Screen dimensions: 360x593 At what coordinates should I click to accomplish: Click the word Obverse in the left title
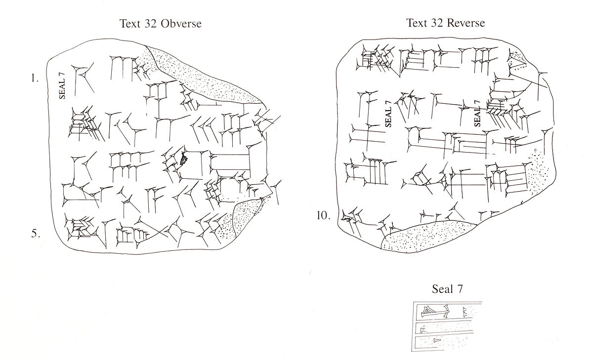[183, 24]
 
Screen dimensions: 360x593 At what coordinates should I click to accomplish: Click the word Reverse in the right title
[466, 23]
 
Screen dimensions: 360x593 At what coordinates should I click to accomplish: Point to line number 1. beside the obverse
[34, 78]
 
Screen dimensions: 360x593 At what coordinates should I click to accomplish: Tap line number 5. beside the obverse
[36, 234]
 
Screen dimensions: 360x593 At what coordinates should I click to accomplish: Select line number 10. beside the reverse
[324, 216]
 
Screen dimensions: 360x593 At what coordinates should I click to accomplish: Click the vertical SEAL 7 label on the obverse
[62, 84]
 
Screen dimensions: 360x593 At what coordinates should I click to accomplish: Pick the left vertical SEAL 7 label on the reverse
[388, 114]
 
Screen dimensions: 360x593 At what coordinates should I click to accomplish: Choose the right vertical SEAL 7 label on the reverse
[477, 114]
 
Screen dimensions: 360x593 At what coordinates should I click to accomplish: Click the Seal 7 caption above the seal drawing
[448, 289]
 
